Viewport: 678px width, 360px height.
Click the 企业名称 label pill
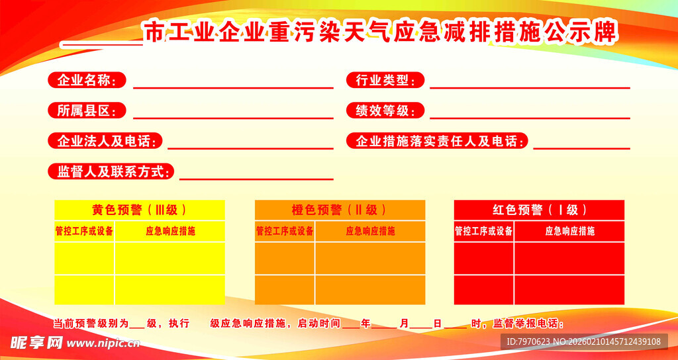tap(87, 81)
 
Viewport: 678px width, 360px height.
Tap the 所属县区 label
tap(87, 111)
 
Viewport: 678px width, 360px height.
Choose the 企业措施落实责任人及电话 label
tap(437, 141)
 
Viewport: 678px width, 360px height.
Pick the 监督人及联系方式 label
tap(111, 171)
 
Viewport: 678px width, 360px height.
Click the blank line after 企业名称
tap(233, 87)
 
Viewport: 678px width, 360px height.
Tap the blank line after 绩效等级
tap(530, 118)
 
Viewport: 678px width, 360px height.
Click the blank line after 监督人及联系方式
tap(256, 179)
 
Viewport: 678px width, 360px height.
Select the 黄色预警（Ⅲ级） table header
tap(140, 210)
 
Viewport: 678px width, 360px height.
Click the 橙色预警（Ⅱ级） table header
tap(340, 210)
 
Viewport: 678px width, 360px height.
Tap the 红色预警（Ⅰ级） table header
tap(539, 210)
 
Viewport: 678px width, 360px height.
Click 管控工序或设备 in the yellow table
tap(84, 231)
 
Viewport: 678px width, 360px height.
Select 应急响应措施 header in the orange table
tap(370, 231)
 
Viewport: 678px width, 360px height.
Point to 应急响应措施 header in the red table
tap(569, 231)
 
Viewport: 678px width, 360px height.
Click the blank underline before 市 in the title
tap(101, 44)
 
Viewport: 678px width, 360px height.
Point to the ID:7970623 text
tap(527, 341)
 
